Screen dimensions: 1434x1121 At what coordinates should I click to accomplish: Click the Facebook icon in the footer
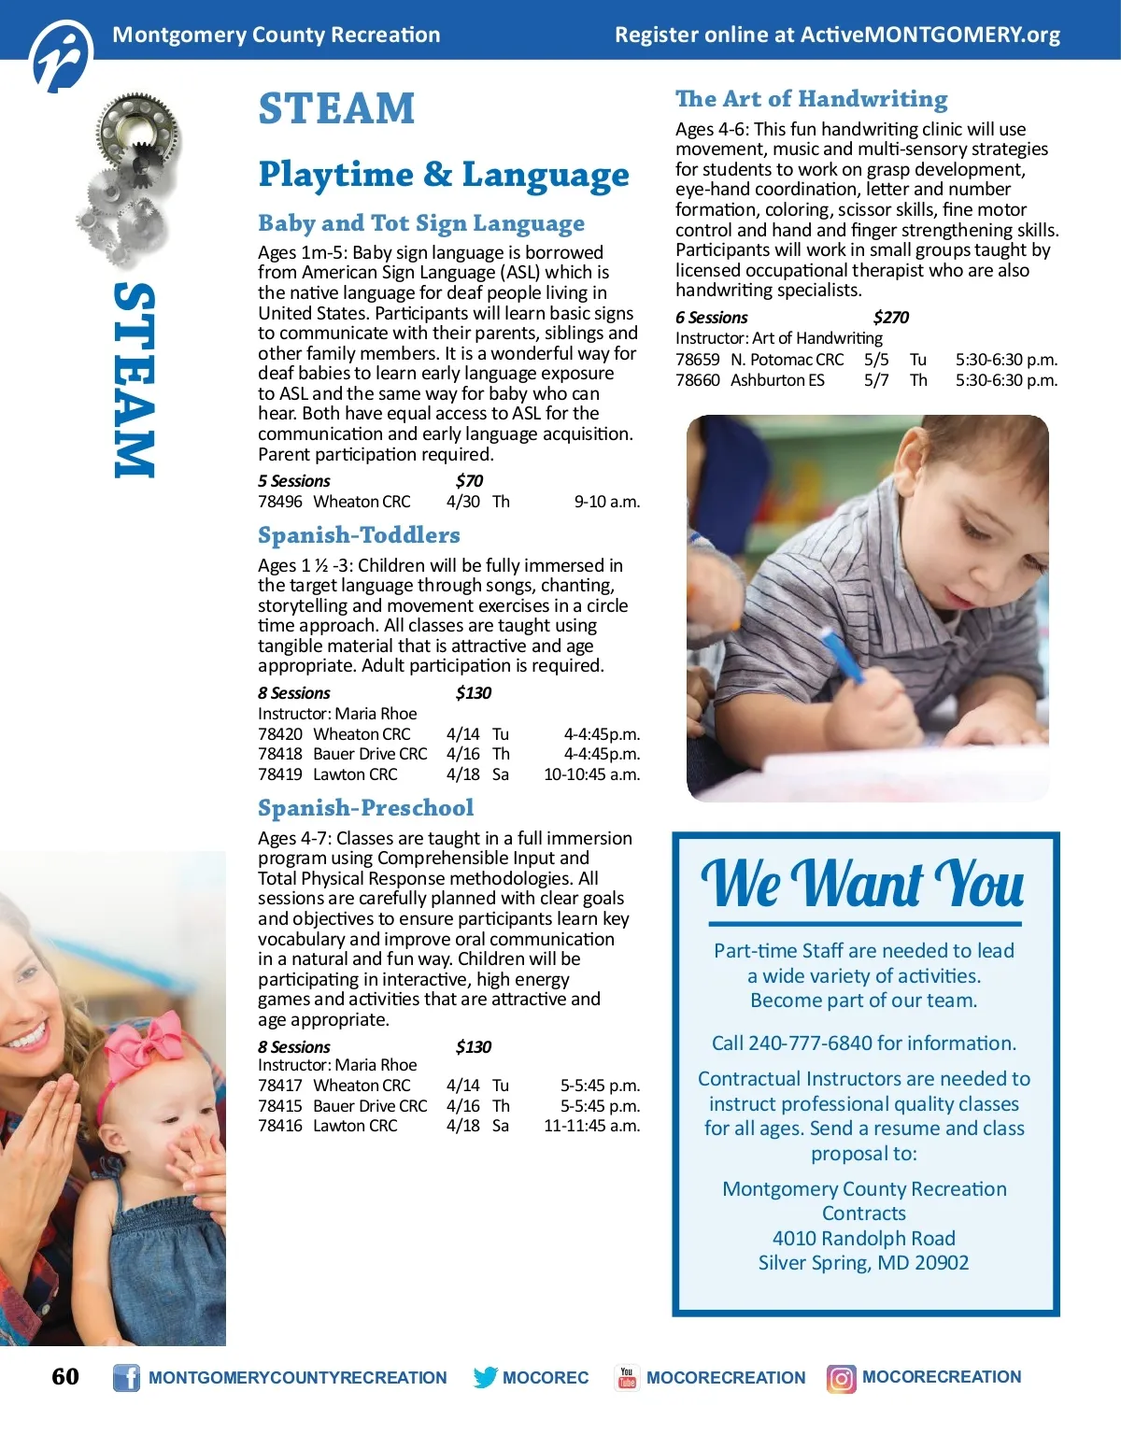(x=126, y=1378)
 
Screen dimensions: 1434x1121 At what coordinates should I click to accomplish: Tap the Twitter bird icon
(x=485, y=1377)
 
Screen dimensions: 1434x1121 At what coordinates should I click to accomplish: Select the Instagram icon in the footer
(x=841, y=1378)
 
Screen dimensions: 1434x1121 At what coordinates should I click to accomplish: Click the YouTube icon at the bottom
(x=627, y=1378)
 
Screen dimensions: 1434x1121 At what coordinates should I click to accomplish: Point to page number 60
(x=65, y=1376)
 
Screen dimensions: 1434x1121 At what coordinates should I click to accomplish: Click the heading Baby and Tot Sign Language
(x=421, y=223)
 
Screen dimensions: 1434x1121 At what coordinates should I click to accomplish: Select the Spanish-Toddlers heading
(x=359, y=535)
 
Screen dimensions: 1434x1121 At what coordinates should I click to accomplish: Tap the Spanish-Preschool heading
(x=365, y=808)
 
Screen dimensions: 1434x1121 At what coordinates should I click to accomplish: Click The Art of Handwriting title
(x=811, y=99)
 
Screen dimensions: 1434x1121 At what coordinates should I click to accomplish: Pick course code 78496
(x=280, y=502)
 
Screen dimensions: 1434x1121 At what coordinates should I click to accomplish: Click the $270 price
(x=890, y=318)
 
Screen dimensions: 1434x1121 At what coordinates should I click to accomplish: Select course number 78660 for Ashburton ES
(x=697, y=380)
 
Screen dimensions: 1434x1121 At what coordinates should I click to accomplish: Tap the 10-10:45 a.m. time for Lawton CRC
(x=591, y=774)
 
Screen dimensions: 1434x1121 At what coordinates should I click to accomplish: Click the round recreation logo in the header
(x=62, y=56)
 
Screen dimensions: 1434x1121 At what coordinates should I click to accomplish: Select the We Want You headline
(x=862, y=883)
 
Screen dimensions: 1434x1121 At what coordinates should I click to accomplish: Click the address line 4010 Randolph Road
(x=863, y=1239)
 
